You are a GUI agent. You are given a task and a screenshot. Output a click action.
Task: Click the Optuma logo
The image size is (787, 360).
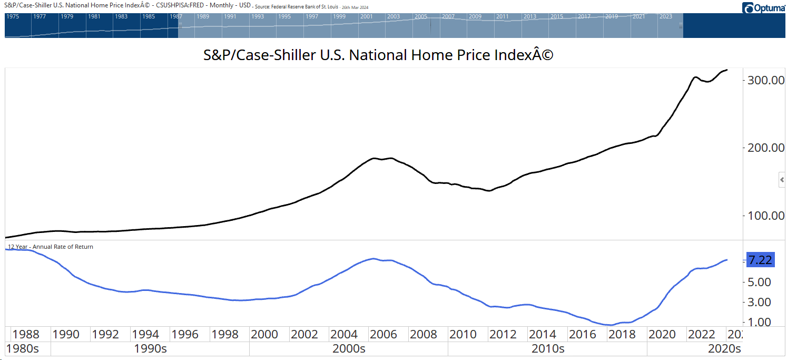pos(764,8)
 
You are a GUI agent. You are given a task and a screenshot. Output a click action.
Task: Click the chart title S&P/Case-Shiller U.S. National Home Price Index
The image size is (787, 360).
pos(378,55)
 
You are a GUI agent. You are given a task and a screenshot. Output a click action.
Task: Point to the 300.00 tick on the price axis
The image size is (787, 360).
pos(763,80)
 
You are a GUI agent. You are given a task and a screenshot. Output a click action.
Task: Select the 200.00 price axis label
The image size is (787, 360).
pos(763,148)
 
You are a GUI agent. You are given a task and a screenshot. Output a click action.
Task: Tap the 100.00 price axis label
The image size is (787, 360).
pos(763,216)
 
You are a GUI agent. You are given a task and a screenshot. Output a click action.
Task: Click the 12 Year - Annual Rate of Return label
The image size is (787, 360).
pos(50,247)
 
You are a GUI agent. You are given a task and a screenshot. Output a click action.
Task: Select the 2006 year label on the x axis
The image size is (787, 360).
pos(383,334)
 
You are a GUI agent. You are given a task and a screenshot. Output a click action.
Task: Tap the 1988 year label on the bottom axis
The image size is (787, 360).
pos(26,334)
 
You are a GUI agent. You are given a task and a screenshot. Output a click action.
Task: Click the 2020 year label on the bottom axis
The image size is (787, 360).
pos(661,334)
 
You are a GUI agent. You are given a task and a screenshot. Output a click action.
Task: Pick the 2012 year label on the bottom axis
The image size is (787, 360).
pos(503,334)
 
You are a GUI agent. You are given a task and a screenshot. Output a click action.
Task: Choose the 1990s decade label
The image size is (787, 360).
pos(150,349)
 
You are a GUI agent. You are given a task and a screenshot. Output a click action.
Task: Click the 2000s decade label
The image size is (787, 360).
pos(349,349)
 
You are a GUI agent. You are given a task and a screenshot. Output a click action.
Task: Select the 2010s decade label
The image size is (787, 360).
pos(547,349)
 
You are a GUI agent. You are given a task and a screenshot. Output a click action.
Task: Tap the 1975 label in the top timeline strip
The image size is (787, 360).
pos(13,16)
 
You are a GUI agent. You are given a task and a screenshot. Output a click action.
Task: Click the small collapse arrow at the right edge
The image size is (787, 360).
pos(782,180)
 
